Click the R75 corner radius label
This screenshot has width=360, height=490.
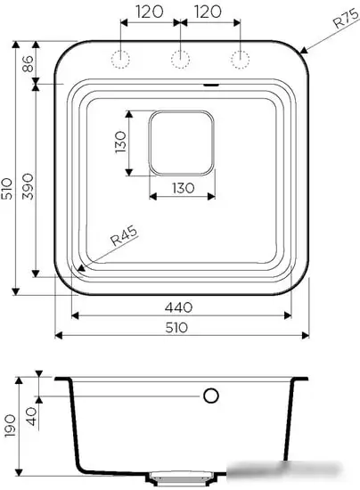(340, 20)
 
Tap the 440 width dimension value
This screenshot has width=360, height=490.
(180, 306)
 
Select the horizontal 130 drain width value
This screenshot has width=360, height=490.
(181, 187)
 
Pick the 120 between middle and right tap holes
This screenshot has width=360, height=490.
(209, 13)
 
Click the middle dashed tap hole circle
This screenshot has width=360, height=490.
(180, 60)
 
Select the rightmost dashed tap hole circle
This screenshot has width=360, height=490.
(239, 60)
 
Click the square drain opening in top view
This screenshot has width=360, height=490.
(181, 142)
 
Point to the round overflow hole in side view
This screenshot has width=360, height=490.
(212, 396)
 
